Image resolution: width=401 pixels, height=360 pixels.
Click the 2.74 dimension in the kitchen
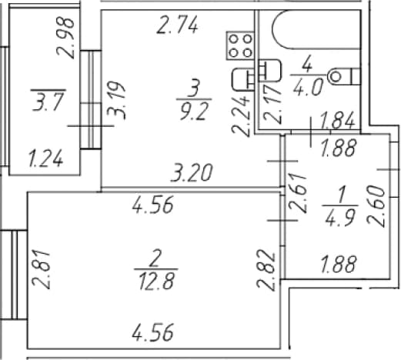pyautogui.click(x=177, y=25)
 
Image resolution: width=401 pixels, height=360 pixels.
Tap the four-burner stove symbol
pyautogui.click(x=240, y=45)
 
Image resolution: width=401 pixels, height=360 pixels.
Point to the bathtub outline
pyautogui.click(x=316, y=29)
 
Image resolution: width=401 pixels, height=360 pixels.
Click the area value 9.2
pyautogui.click(x=193, y=112)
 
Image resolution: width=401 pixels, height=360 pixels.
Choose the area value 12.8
pyautogui.click(x=156, y=281)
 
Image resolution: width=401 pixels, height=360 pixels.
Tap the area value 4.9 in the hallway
pyautogui.click(x=340, y=218)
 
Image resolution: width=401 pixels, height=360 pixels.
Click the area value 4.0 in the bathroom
pyautogui.click(x=307, y=87)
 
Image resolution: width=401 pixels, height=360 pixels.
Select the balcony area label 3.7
pyautogui.click(x=48, y=102)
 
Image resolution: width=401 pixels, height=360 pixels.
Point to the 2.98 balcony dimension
pyautogui.click(x=65, y=38)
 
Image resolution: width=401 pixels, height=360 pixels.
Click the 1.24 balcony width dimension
pyautogui.click(x=45, y=159)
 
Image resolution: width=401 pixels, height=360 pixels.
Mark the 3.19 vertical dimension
pyautogui.click(x=116, y=101)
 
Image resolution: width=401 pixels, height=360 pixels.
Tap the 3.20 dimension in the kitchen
pyautogui.click(x=192, y=172)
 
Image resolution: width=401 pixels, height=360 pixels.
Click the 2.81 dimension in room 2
pyautogui.click(x=41, y=270)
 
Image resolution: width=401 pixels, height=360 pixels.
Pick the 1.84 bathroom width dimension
pyautogui.click(x=338, y=120)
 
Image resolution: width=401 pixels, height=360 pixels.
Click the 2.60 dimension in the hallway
pyautogui.click(x=376, y=207)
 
